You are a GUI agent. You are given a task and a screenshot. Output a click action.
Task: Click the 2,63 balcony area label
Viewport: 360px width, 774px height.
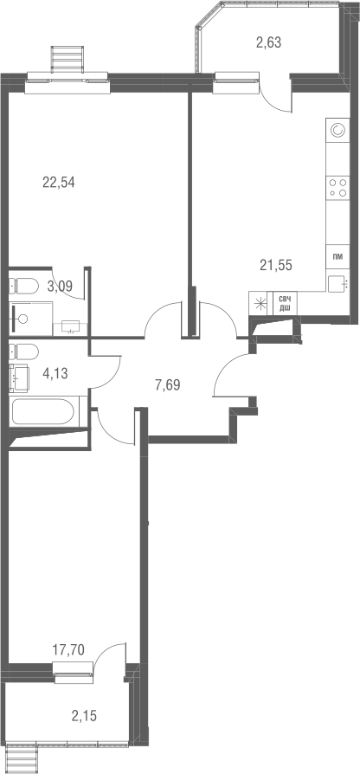[x=268, y=41]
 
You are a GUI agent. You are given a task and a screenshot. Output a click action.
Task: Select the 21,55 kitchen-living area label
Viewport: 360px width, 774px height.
[x=276, y=266]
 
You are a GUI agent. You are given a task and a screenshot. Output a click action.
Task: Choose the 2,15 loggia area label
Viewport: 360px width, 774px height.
[x=85, y=714]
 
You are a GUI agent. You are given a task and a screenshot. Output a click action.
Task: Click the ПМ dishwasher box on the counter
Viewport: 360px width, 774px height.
[x=337, y=258]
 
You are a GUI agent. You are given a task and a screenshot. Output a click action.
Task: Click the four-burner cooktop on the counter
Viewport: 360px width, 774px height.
[x=337, y=188]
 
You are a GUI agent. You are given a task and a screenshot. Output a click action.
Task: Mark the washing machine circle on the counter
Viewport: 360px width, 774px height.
[x=337, y=131]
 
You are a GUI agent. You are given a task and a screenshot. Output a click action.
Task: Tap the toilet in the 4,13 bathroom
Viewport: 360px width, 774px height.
[x=25, y=352]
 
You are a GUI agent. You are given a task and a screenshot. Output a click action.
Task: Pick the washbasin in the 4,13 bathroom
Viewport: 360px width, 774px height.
[x=20, y=378]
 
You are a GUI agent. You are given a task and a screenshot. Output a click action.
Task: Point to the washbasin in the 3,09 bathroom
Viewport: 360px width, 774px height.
[x=73, y=326]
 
